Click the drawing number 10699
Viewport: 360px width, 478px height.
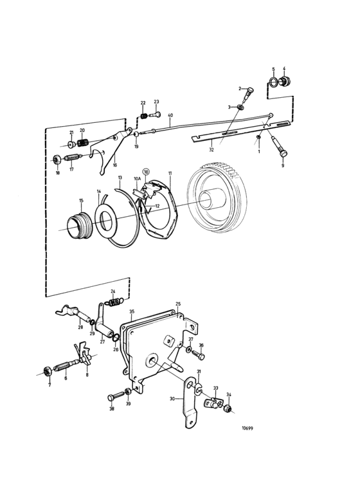(248, 428)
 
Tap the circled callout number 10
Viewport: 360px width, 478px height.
(146, 172)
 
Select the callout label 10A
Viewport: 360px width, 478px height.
(137, 179)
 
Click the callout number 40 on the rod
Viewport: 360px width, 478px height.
(170, 116)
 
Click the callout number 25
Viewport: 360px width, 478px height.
(178, 304)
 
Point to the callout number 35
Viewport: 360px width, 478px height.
(131, 311)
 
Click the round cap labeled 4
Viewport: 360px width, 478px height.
(285, 82)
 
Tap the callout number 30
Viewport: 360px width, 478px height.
(172, 399)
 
